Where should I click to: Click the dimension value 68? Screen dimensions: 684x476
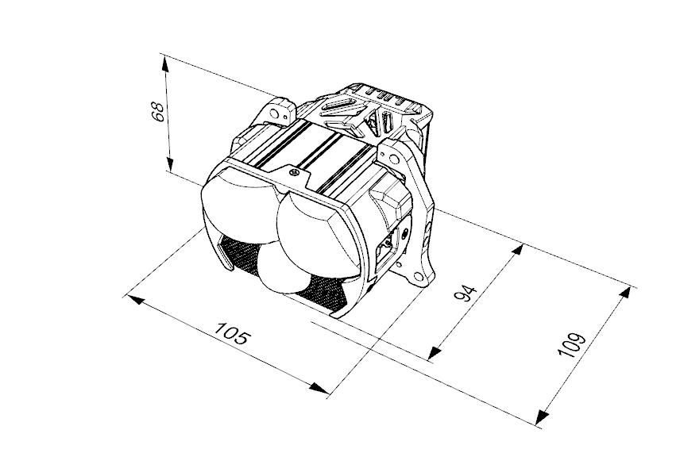pyautogui.click(x=157, y=112)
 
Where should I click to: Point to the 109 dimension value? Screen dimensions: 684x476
pyautogui.click(x=572, y=344)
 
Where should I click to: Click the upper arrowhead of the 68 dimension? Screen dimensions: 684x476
pyautogui.click(x=165, y=64)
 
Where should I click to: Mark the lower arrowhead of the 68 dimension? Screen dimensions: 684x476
pyautogui.click(x=170, y=163)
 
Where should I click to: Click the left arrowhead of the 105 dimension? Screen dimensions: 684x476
pyautogui.click(x=134, y=299)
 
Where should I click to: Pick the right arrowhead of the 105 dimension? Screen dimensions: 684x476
pyautogui.click(x=319, y=388)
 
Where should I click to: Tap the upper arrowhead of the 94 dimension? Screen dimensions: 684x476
pyautogui.click(x=516, y=251)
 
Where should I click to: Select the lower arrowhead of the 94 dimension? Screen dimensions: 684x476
pyautogui.click(x=434, y=353)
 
